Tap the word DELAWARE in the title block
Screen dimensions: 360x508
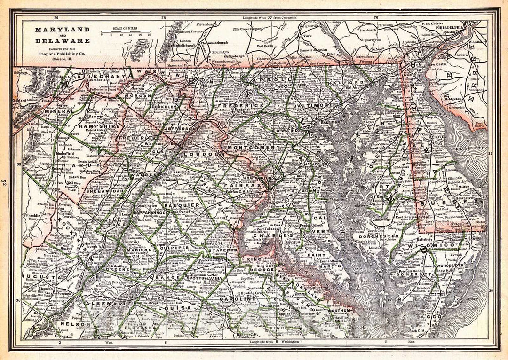tap(56, 41)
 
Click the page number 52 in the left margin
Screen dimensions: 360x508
tap(4, 183)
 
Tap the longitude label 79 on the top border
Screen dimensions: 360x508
tap(56, 18)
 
